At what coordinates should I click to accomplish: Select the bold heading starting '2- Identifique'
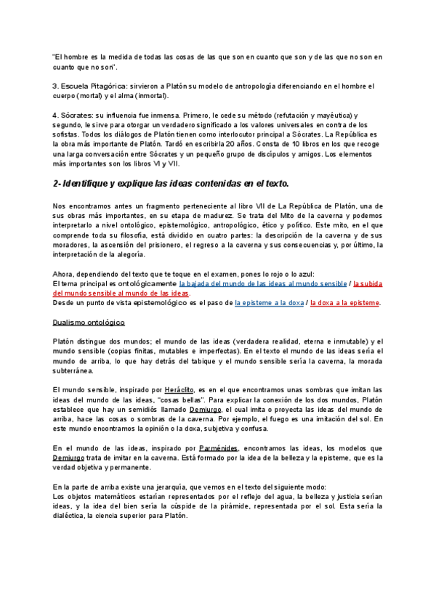pos(171,183)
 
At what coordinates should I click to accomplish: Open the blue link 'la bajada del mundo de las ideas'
pos(262,283)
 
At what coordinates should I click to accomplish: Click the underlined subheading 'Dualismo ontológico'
pos(89,321)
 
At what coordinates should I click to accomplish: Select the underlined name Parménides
pos(221,447)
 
